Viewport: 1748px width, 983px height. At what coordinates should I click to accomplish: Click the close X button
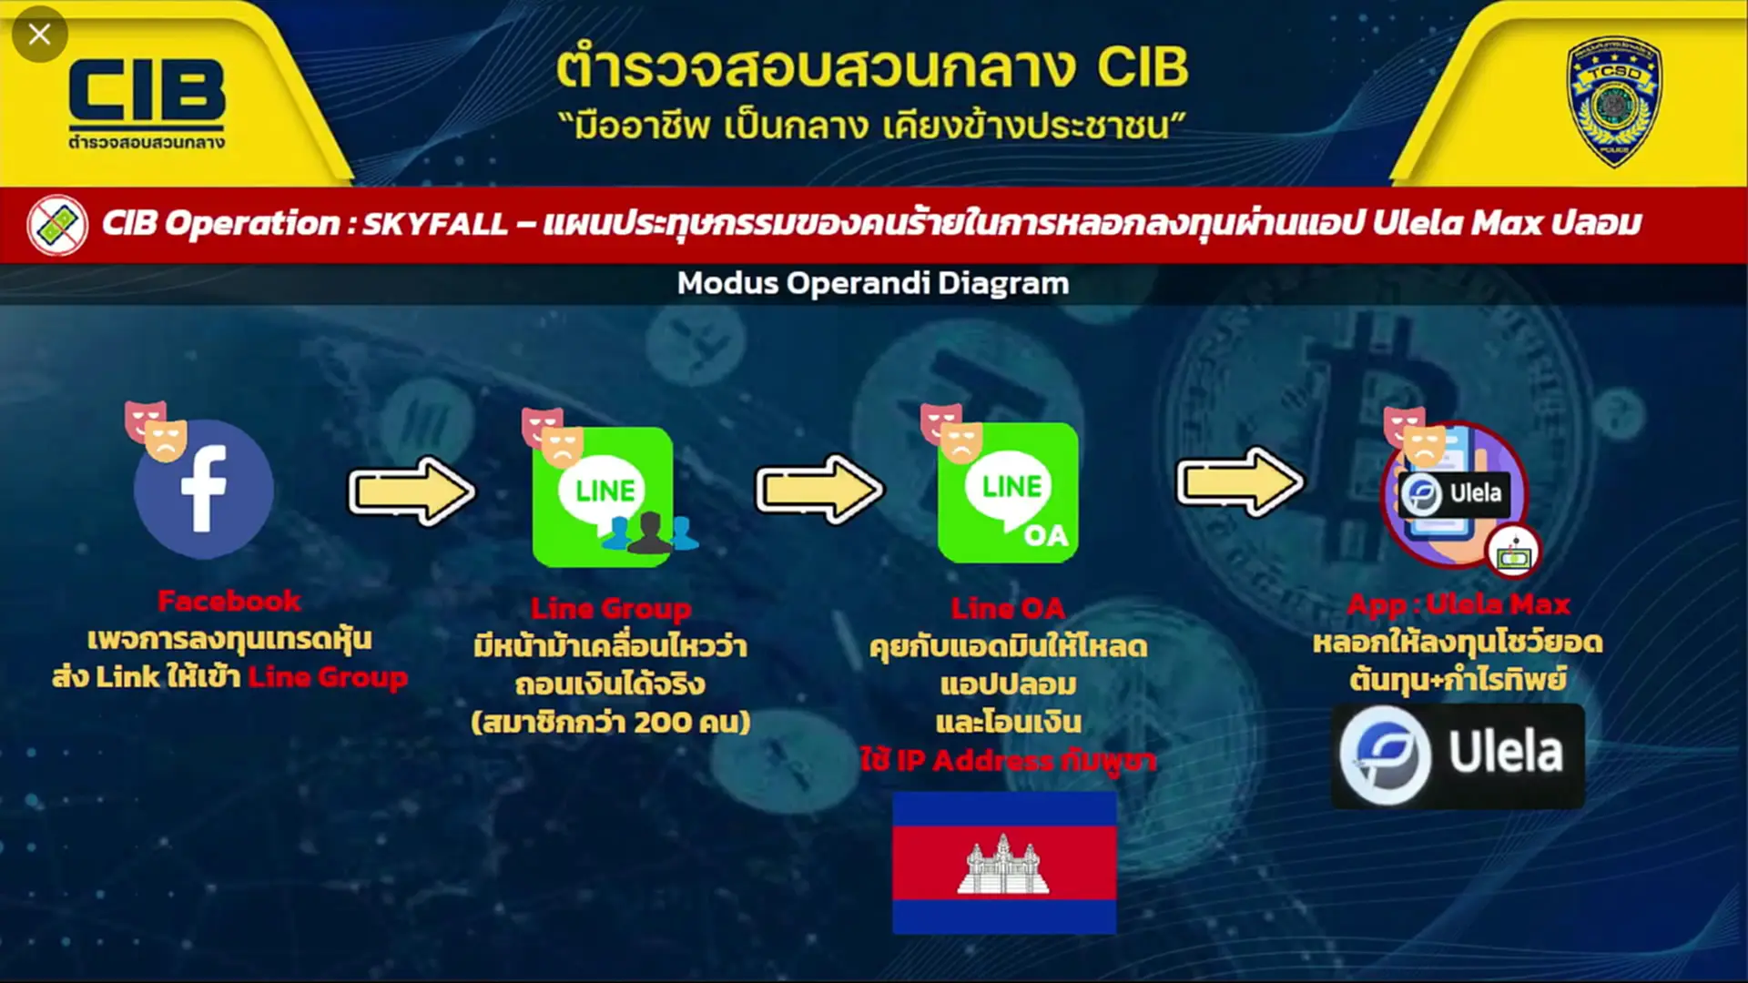(x=39, y=35)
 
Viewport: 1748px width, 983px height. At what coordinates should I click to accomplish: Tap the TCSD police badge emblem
(x=1613, y=101)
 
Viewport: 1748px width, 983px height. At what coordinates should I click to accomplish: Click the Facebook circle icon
(x=203, y=489)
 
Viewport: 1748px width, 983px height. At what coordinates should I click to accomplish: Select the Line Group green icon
(x=604, y=497)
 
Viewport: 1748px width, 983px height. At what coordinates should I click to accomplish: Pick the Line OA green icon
(x=1009, y=492)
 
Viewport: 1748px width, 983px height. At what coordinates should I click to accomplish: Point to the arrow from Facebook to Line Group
(x=412, y=491)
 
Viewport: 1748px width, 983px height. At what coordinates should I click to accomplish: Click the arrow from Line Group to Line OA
(x=819, y=490)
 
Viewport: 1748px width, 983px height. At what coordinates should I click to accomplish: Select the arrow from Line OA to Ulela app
(x=1240, y=481)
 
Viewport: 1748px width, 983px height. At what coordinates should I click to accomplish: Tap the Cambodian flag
(x=1004, y=862)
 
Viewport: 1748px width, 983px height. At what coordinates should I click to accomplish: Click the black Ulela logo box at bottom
(x=1458, y=755)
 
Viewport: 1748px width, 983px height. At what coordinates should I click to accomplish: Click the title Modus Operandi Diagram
(x=873, y=283)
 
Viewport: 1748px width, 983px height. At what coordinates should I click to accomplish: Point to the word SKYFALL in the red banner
(x=434, y=223)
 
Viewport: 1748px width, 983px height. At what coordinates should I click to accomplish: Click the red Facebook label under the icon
(x=229, y=601)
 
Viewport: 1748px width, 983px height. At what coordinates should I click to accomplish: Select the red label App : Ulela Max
(x=1458, y=604)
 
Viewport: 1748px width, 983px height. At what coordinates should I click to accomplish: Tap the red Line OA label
(x=1008, y=608)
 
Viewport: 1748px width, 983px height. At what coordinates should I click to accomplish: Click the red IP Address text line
(x=1008, y=759)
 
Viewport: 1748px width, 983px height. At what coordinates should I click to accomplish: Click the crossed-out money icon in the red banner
(x=57, y=225)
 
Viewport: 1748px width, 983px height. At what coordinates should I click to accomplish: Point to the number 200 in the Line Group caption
(x=662, y=723)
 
